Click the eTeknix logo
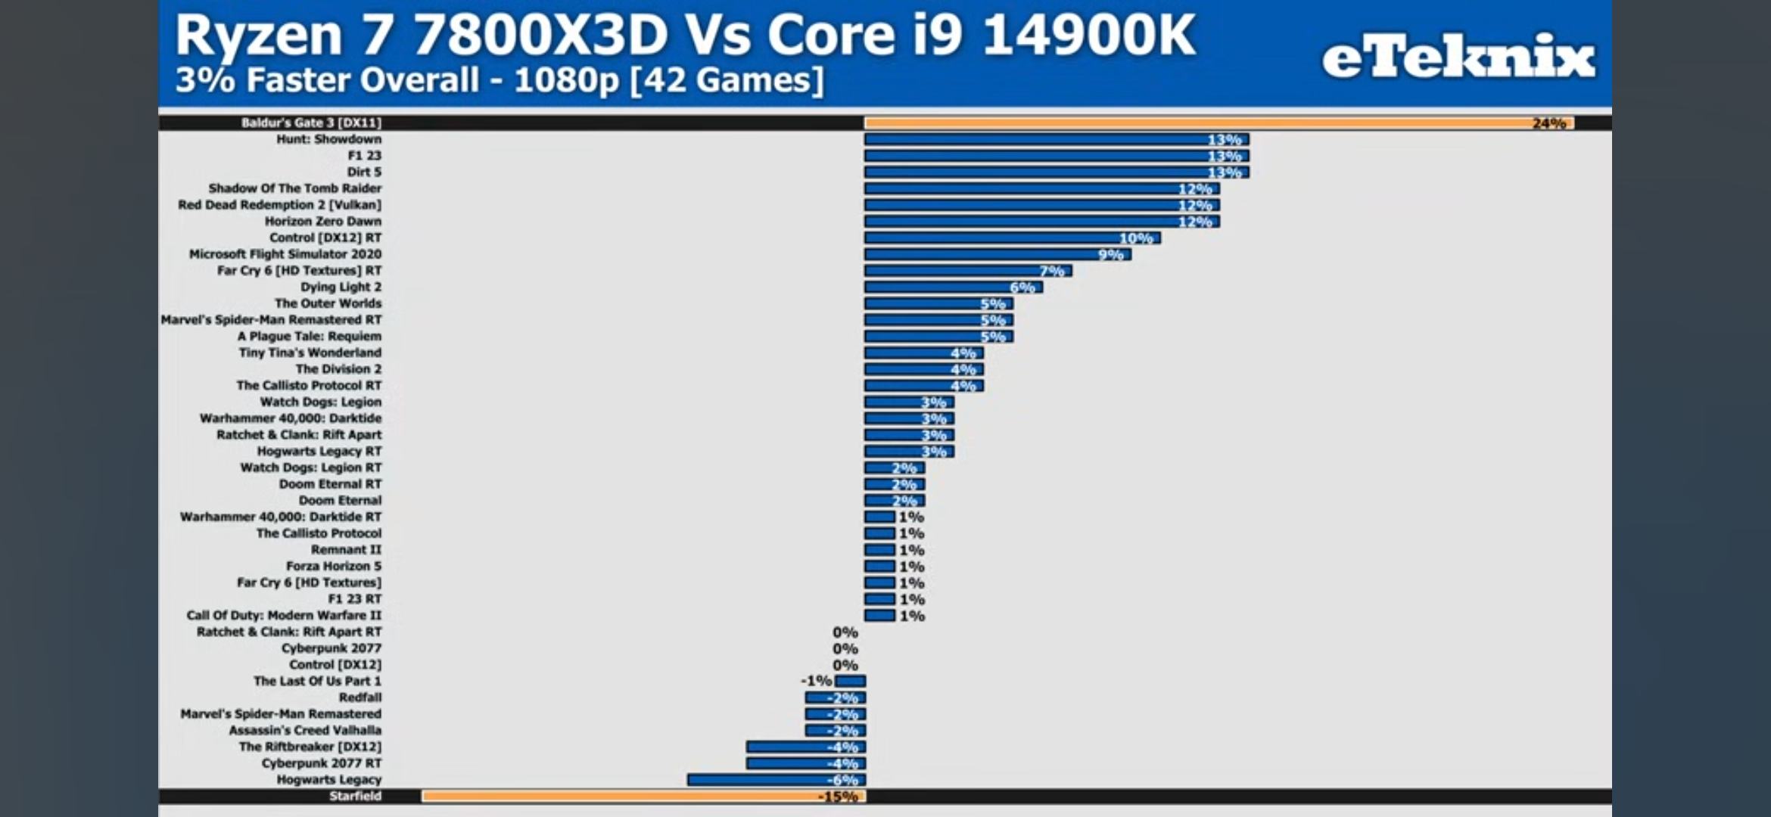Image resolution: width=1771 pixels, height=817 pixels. [1458, 57]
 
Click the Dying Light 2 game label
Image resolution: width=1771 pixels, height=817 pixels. [341, 287]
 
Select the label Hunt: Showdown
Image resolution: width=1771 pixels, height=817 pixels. [328, 139]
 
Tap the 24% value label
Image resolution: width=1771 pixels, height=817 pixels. [1548, 123]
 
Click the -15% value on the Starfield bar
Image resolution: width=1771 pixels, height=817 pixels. [838, 797]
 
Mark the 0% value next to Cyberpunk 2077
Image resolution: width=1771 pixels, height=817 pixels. [845, 649]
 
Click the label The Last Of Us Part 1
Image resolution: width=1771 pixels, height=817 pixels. [317, 681]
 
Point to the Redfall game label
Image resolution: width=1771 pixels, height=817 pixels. [359, 697]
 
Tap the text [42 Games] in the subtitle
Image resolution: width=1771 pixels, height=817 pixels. [727, 80]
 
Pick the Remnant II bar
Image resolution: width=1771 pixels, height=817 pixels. [879, 550]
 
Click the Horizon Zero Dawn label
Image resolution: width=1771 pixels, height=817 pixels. [322, 222]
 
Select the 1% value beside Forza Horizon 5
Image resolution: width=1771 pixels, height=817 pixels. [911, 567]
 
